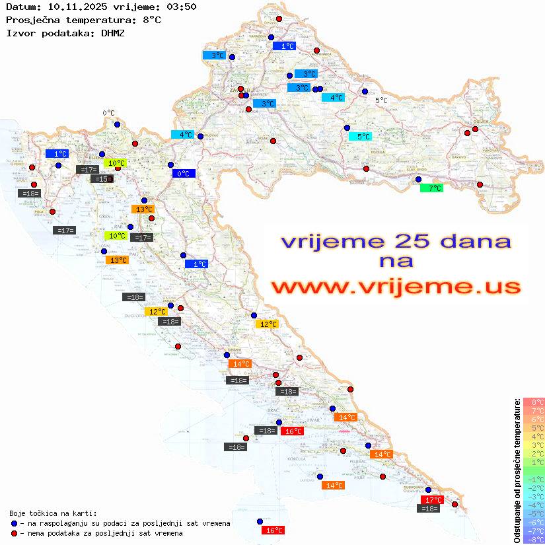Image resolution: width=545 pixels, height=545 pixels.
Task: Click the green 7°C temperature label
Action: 432,188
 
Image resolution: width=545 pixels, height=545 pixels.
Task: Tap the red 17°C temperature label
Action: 432,500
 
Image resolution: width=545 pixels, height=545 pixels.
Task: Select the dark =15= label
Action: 102,179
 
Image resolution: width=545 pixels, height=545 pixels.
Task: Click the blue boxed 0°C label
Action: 183,174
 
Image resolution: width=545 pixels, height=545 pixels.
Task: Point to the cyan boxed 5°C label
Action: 361,137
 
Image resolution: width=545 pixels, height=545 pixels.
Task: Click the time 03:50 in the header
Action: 178,7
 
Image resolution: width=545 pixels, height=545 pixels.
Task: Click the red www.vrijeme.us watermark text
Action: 396,287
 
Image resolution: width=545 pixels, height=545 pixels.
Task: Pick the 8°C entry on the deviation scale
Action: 534,402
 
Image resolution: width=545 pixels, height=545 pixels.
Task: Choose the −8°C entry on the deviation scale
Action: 534,539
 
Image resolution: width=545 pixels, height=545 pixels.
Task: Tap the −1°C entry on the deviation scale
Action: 534,479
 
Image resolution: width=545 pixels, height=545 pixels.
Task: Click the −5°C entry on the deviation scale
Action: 534,513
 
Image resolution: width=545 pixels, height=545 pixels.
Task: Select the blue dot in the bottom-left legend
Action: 14,523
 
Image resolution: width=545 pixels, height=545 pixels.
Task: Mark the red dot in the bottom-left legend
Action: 14,533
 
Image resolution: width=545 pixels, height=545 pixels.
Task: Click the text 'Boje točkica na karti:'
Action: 53,513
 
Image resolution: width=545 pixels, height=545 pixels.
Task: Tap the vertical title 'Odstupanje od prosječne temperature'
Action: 517,470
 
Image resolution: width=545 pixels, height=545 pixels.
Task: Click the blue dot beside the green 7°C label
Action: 418,179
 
